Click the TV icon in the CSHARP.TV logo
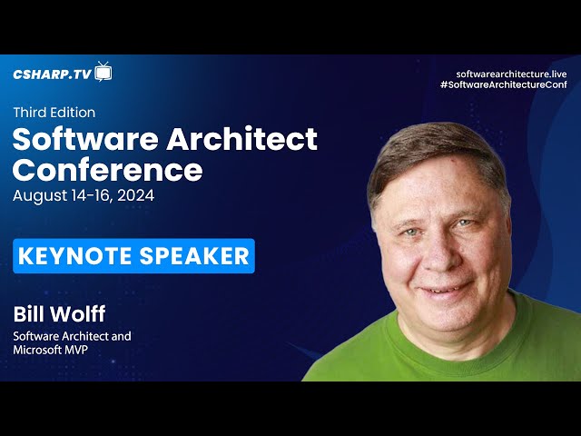[x=103, y=72]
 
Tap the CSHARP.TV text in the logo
[x=53, y=74]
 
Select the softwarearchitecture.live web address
[x=511, y=74]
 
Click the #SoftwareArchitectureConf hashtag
[x=504, y=84]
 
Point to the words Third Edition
[x=54, y=113]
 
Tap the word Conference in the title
[x=107, y=170]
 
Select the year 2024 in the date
[x=135, y=195]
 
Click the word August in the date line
[x=40, y=196]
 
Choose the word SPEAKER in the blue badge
[x=194, y=256]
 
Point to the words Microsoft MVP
[x=51, y=350]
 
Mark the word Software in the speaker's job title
[x=36, y=336]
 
